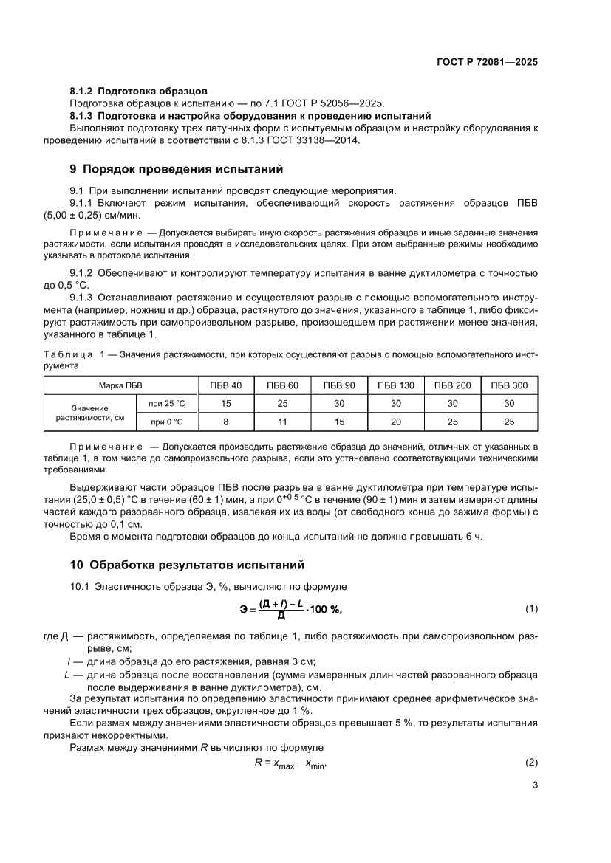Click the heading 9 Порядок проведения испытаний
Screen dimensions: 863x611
177,168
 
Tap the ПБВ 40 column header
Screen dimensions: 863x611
227,385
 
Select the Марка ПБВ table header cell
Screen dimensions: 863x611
121,385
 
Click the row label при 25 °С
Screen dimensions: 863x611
167,403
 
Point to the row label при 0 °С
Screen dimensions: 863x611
167,422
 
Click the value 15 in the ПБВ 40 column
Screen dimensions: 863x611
227,403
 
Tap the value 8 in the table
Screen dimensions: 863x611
227,422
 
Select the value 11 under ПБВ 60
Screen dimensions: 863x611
283,422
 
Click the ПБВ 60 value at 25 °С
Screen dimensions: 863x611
283,403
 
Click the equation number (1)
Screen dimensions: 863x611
530,609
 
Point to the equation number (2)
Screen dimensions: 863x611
530,762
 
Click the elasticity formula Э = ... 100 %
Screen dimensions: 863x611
291,609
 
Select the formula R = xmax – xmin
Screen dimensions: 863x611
290,763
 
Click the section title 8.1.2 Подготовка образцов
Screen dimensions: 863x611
138,91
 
